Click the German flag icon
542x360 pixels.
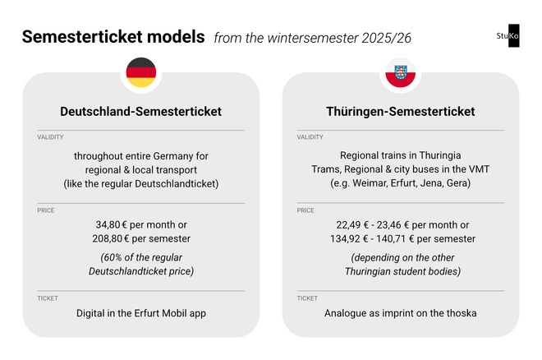[141, 72]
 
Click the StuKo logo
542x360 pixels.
[508, 35]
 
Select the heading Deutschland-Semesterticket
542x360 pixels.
[141, 111]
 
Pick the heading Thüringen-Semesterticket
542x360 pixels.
[401, 111]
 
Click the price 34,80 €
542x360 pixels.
[112, 224]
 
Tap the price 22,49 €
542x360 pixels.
[352, 225]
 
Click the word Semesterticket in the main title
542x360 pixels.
[82, 37]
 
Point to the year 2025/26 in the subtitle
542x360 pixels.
[387, 38]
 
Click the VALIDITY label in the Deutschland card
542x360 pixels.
[50, 137]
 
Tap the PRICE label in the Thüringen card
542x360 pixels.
[305, 210]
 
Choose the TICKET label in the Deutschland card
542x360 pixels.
[48, 298]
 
